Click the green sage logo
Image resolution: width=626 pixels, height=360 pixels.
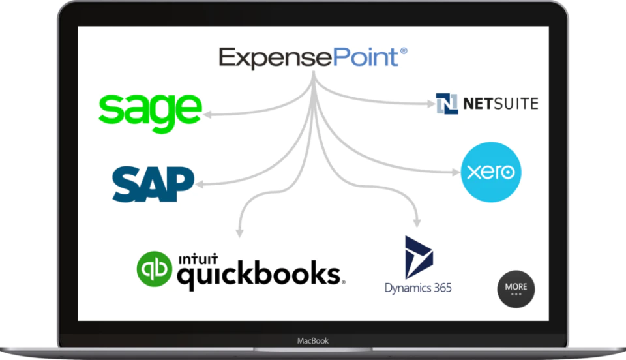[150, 113]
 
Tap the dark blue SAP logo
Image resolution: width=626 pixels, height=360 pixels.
[153, 184]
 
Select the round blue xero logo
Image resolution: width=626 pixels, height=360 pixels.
[490, 172]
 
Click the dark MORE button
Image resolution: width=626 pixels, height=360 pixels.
[516, 289]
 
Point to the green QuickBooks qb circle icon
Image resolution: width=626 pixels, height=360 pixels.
[155, 269]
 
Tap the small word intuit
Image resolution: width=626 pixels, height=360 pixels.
[198, 259]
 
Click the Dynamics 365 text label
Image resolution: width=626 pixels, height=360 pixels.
[418, 288]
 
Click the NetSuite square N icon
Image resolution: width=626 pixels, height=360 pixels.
[447, 104]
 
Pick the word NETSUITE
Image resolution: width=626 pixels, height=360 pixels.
[501, 104]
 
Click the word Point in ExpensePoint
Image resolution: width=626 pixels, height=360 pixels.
[365, 57]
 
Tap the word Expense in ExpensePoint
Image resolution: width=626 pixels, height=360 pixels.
[275, 59]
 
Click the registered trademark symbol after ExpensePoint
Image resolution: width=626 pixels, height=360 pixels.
[404, 51]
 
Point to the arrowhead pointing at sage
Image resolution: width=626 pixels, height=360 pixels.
[207, 115]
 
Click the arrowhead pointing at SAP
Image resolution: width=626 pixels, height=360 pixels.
[200, 184]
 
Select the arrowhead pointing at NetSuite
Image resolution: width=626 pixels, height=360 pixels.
[431, 104]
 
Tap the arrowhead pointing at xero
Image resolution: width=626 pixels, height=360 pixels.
[456, 172]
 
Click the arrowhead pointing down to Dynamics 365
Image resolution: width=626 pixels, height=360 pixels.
[417, 223]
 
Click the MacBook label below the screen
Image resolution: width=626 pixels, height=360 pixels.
[313, 341]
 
